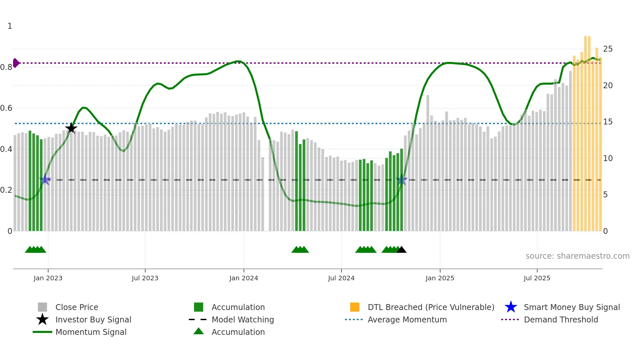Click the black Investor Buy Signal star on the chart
(71, 128)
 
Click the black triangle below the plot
(401, 250)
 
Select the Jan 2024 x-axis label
(244, 278)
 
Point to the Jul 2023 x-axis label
(145, 278)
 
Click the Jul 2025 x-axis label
(537, 278)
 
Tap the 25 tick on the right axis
(608, 49)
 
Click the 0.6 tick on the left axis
(6, 108)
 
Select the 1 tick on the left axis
(10, 26)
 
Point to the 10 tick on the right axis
(608, 158)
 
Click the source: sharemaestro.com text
(577, 256)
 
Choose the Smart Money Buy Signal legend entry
(571, 307)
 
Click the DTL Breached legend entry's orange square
(355, 307)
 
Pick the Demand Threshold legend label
(561, 319)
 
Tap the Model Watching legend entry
(242, 319)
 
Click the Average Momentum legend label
(407, 319)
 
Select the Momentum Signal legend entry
(91, 332)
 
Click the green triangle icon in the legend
(199, 331)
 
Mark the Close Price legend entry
(76, 307)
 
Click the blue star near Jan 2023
(45, 179)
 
